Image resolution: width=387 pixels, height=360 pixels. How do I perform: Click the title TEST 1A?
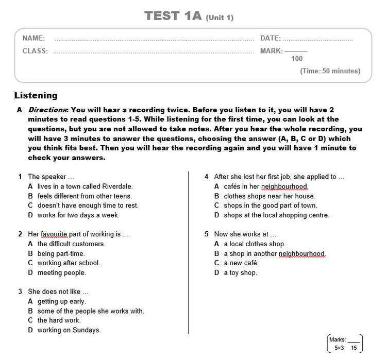click(x=172, y=16)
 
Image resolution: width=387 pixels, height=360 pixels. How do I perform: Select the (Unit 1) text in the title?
click(x=220, y=18)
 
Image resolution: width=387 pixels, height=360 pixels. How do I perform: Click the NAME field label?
click(x=33, y=38)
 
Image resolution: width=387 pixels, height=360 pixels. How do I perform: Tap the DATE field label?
click(x=270, y=38)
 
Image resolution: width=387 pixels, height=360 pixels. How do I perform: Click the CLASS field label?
click(x=35, y=51)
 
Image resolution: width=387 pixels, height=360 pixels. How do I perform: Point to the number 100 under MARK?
click(x=297, y=59)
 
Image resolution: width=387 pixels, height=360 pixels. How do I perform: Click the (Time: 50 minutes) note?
click(x=330, y=71)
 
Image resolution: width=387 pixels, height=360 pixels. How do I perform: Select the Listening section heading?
click(x=36, y=95)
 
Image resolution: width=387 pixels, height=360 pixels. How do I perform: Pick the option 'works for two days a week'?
click(x=78, y=215)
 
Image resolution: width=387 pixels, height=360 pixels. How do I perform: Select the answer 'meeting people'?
click(x=61, y=272)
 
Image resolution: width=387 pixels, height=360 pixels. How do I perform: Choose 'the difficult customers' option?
click(x=71, y=244)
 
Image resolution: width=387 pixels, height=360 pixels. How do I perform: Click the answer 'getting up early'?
click(x=61, y=301)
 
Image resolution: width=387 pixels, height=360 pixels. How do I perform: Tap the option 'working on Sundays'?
click(x=69, y=330)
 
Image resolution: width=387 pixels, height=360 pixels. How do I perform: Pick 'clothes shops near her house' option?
click(x=269, y=196)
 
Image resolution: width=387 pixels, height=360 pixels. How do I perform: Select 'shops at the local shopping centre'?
click(x=276, y=215)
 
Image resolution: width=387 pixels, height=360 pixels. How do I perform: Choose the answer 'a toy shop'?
click(x=240, y=272)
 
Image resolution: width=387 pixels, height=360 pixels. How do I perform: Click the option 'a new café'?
click(x=241, y=263)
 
